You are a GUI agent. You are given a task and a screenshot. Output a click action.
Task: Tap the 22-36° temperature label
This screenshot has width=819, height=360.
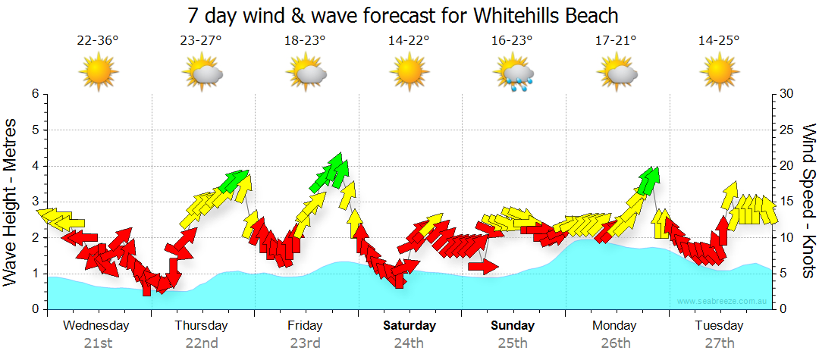pos(98,41)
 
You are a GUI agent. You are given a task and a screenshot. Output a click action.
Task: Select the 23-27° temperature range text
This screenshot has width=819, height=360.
pos(201,41)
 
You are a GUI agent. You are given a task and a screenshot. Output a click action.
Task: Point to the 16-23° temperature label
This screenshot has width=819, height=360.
pos(512,41)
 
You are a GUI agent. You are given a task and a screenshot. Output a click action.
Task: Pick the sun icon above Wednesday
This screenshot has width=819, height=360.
pos(99,74)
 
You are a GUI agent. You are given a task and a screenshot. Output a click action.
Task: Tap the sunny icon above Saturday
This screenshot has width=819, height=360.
pos(409,74)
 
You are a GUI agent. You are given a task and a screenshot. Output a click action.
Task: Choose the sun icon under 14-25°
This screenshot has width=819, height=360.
pos(719,74)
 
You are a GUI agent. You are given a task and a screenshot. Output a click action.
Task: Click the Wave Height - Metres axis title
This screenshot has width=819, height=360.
pos(11,202)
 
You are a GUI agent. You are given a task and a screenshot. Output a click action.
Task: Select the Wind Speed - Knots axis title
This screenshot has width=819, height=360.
pos(808,202)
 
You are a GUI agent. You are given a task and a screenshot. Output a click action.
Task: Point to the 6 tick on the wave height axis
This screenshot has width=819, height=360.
pos(35,94)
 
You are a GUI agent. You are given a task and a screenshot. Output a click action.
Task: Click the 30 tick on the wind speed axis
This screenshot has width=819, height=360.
pos(786,94)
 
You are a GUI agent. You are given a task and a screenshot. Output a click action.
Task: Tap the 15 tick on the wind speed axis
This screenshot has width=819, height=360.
pos(786,202)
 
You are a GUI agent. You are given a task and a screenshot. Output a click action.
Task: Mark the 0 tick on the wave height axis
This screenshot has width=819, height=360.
pos(35,309)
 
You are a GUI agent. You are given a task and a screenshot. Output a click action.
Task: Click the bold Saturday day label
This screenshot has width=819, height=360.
pos(409,326)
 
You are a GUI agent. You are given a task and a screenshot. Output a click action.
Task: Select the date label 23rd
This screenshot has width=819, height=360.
pos(305,343)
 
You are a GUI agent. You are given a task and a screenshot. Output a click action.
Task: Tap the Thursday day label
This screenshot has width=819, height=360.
pos(201,326)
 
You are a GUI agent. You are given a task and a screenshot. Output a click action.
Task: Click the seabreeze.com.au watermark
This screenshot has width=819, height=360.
pos(723,302)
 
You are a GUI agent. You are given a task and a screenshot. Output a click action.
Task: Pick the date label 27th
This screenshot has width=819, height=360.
pos(719,343)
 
